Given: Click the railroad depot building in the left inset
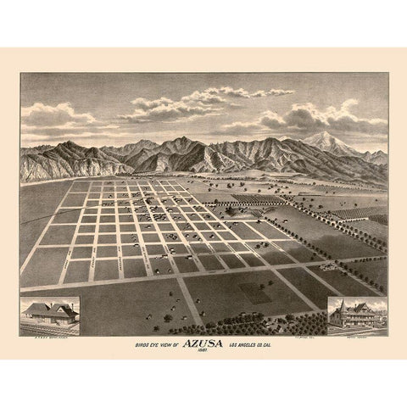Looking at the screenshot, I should pos(48,313).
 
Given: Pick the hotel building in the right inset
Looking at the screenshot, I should pos(355,315).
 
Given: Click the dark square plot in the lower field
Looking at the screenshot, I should pos(254,292).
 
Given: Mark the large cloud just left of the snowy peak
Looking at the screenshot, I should pos(288,119).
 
